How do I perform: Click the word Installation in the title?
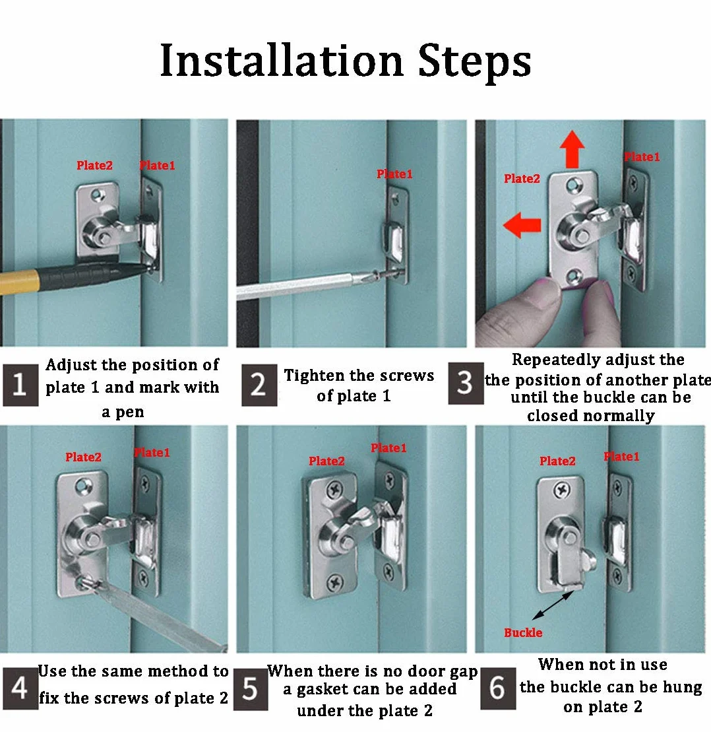point(282,60)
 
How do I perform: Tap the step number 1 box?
point(20,385)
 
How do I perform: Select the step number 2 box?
point(259,385)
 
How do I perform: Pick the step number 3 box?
point(466,383)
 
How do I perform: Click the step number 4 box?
point(20,688)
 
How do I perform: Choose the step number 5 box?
point(251,689)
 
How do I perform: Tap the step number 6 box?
point(498,688)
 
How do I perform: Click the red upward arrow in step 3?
point(572,149)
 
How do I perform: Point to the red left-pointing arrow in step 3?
point(522,225)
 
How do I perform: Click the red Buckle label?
point(523,632)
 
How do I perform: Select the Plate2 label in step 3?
point(522,178)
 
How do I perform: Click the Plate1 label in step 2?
point(394,174)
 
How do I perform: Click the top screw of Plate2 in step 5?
point(335,490)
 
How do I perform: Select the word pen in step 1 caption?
point(129,413)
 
